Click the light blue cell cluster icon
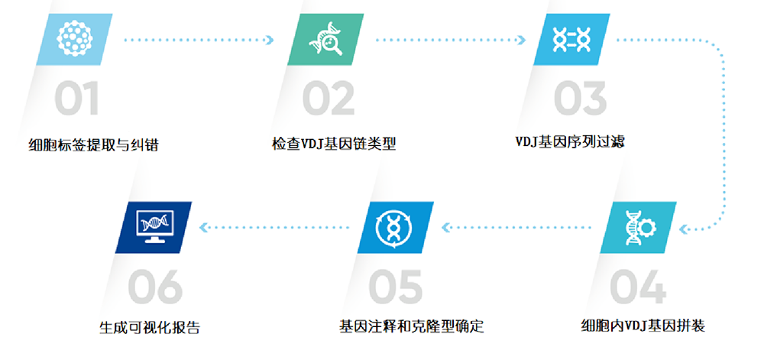pyautogui.click(x=74, y=40)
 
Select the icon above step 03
pyautogui.click(x=571, y=40)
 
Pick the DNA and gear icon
pyautogui.click(x=638, y=228)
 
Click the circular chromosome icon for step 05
pyautogui.click(x=396, y=228)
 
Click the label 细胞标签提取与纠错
pyautogui.click(x=93, y=145)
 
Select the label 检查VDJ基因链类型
pyautogui.click(x=334, y=144)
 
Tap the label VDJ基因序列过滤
pyautogui.click(x=570, y=142)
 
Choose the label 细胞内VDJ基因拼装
pyautogui.click(x=643, y=325)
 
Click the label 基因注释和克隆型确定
pyautogui.click(x=412, y=326)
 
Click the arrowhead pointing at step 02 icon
pyautogui.click(x=270, y=40)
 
